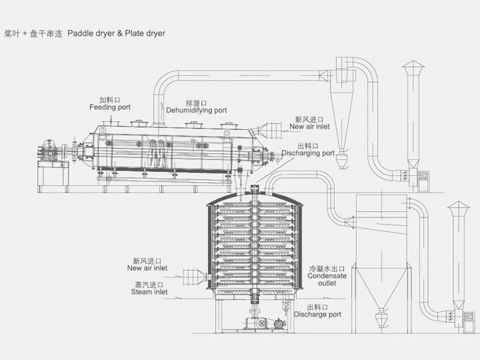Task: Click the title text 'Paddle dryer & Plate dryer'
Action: (x=117, y=33)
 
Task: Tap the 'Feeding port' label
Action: (x=110, y=107)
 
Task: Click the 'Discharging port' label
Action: (x=307, y=153)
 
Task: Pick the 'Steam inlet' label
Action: (x=149, y=291)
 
